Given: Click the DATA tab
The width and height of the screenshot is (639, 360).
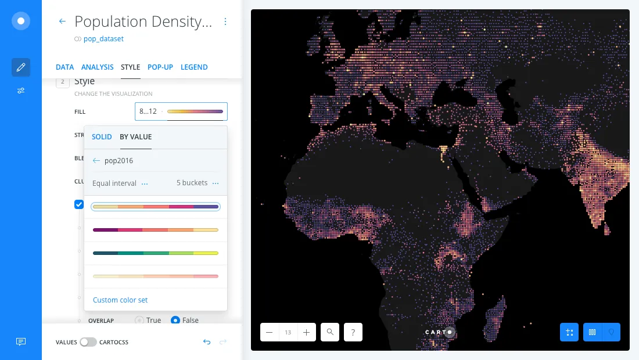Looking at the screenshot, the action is pos(64,67).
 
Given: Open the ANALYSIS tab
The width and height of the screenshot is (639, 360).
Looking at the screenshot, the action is pos(98,67).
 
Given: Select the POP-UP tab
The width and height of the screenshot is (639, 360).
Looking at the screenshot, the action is pos(160,67).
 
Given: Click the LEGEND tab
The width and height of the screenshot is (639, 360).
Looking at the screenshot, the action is pos(194,67).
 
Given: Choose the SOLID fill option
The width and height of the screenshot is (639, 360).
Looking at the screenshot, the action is pos(102,137).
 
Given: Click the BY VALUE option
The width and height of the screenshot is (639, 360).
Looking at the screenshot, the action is pos(135,137).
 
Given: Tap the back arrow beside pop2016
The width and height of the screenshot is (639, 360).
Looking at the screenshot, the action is pos(96,161).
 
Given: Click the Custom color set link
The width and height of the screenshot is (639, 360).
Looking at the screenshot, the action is pos(120,300).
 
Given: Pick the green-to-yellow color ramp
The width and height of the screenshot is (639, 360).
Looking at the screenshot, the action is pos(155,253).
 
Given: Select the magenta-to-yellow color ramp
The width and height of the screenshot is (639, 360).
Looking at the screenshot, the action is pos(155,230).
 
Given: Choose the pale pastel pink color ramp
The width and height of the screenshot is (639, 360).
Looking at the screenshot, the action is pos(155,276).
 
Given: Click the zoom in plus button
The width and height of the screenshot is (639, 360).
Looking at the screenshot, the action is pos(306,332).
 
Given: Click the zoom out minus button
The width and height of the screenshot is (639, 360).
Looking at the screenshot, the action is pos(270,332).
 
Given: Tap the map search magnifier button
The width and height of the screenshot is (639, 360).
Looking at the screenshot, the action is pos(330,332).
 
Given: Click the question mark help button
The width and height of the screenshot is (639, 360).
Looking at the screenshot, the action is pos(353,332).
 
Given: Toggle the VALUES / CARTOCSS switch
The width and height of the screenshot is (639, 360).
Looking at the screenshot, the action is pos(88,342).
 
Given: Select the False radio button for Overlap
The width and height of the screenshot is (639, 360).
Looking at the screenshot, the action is pos(175,320).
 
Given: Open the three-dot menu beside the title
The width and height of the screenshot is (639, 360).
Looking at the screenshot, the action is pos(225,22).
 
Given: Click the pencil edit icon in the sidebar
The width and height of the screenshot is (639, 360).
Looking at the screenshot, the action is pos(21,67).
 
